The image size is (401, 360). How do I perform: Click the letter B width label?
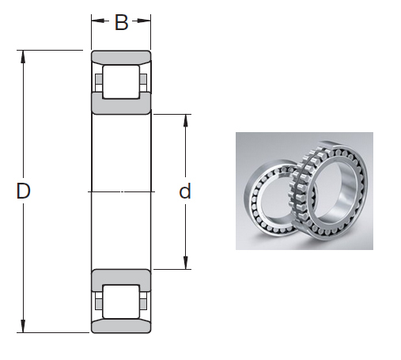point(121,23)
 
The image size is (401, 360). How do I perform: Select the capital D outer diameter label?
point(24,191)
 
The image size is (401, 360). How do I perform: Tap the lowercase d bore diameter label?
point(185,191)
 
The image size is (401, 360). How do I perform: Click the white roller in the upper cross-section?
point(121,81)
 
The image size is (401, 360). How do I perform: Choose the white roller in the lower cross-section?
point(121,302)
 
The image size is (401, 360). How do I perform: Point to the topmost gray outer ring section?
point(121,57)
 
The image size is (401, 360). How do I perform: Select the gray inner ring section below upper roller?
point(121,106)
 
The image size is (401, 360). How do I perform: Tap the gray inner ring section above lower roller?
point(121,277)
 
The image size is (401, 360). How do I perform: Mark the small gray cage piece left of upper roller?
point(98,81)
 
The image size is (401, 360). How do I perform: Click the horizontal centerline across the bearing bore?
point(121,191)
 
